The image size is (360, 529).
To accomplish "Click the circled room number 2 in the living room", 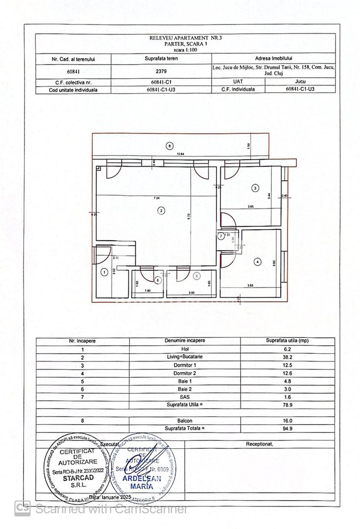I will [x=161, y=211].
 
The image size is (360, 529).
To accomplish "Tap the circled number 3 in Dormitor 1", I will [x=255, y=188].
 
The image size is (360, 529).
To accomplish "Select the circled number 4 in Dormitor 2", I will [x=258, y=262].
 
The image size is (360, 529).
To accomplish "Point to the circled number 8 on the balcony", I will [x=169, y=145].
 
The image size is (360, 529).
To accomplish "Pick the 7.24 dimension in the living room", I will [x=156, y=198].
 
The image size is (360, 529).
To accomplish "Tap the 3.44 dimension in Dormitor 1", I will [x=269, y=194].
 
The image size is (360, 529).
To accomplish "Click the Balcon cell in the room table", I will [x=185, y=420].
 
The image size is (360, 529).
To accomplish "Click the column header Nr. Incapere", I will [x=82, y=340].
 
